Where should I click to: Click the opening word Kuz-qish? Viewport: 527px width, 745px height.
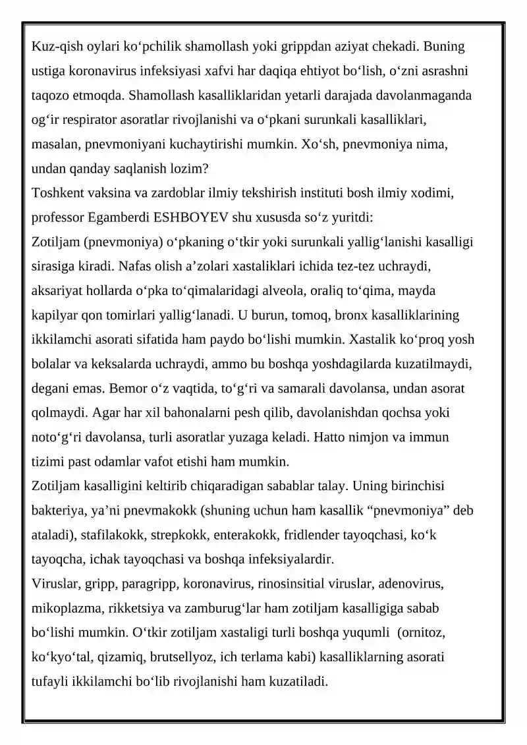point(54,47)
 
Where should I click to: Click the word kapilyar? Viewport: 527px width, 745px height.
point(55,315)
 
